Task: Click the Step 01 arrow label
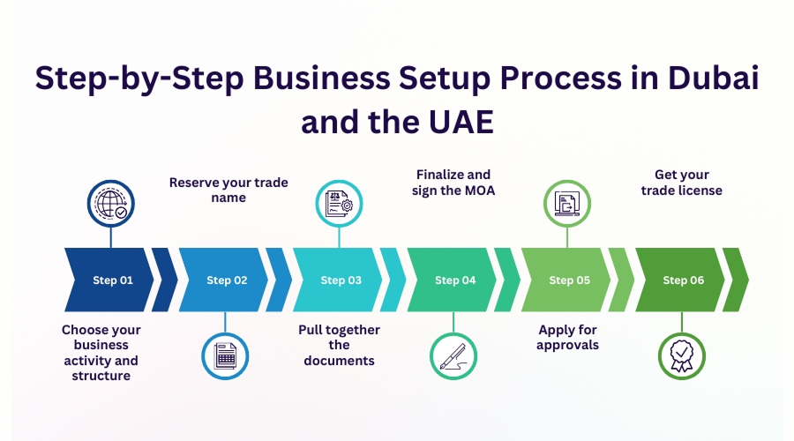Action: (113, 280)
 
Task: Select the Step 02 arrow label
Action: (227, 280)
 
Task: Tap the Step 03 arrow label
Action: (341, 280)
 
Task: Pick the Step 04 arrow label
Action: (454, 280)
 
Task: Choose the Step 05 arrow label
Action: (569, 280)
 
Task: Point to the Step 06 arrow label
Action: (683, 280)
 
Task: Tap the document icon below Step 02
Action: (226, 355)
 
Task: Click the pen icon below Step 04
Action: (453, 355)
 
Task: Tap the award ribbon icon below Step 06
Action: (681, 355)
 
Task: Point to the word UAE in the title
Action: (449, 122)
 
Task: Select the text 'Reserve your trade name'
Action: (228, 191)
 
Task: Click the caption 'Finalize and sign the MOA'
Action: (453, 183)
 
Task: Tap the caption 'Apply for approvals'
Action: (568, 337)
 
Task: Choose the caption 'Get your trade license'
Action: (682, 183)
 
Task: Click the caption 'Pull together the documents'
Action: (340, 345)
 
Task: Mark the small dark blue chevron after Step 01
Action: (165, 280)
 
